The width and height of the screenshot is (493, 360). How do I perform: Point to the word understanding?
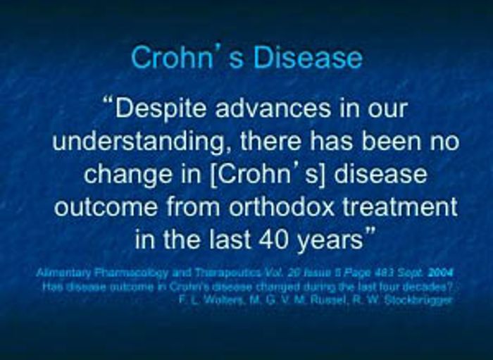click(x=136, y=142)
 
